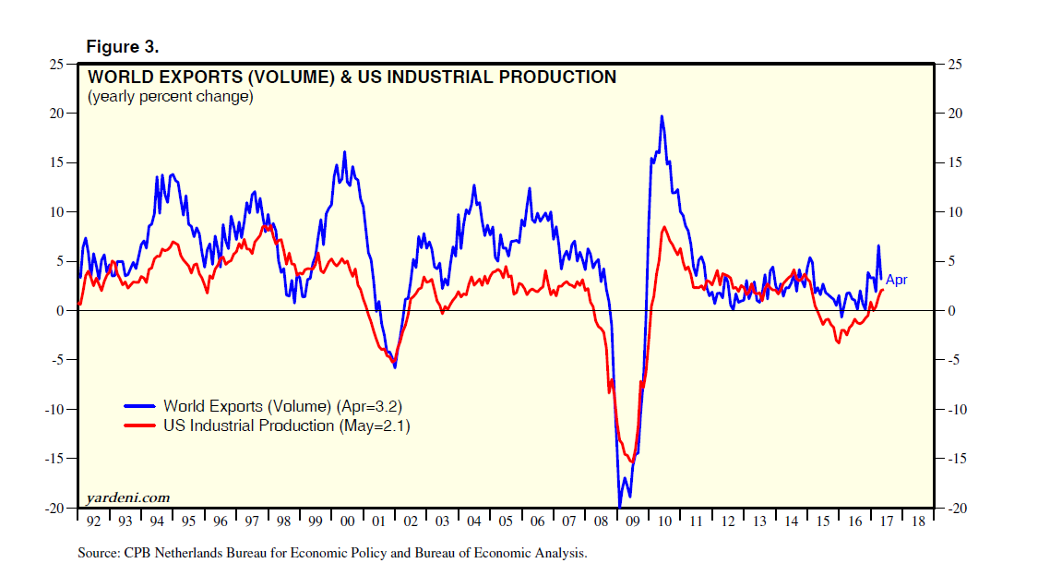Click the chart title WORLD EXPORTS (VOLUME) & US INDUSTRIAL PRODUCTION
[352, 78]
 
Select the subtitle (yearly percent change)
[170, 96]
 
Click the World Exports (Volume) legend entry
[282, 405]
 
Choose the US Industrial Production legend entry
[286, 425]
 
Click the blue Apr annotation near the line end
[897, 280]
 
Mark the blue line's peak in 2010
[662, 116]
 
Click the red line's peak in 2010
[663, 227]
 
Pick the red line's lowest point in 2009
[631, 461]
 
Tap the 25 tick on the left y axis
[57, 64]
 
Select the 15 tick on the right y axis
[957, 162]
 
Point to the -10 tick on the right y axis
[959, 410]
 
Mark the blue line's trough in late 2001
[395, 367]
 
